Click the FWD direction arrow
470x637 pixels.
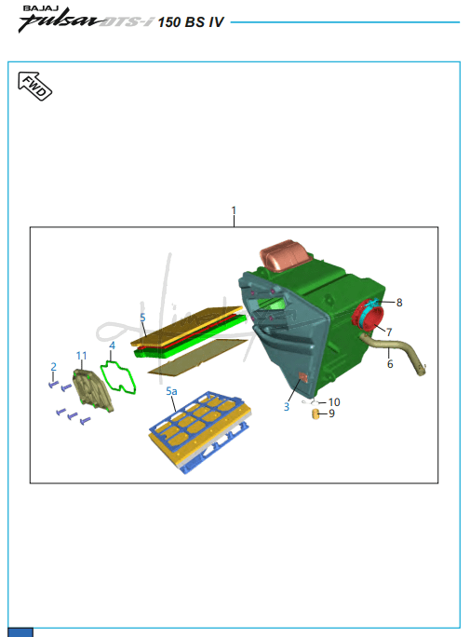[x=35, y=86]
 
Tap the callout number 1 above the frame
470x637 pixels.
[x=234, y=210]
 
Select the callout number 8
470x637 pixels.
[x=399, y=303]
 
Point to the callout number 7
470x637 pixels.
[x=389, y=332]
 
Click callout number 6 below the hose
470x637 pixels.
[x=390, y=364]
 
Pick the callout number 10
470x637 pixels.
[x=334, y=402]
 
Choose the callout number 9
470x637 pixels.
[x=331, y=413]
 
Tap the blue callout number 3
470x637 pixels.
[x=287, y=407]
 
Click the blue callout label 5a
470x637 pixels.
[x=171, y=391]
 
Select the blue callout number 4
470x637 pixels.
[x=112, y=346]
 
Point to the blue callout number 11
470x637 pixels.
[x=82, y=356]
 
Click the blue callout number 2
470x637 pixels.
[x=54, y=367]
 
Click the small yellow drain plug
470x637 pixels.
[x=315, y=414]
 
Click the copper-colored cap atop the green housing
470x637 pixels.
[x=284, y=253]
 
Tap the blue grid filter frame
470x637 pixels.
[x=200, y=431]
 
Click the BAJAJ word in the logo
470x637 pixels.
[x=41, y=7]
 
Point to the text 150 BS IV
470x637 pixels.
[x=191, y=22]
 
